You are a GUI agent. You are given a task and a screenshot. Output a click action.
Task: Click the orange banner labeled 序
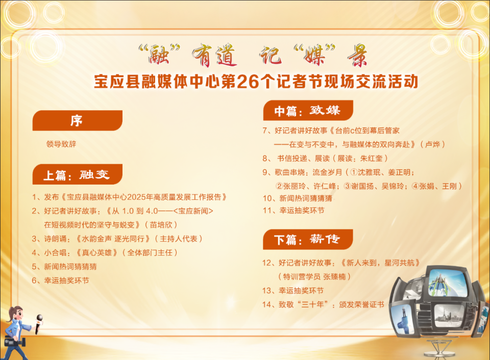pyautogui.click(x=77, y=120)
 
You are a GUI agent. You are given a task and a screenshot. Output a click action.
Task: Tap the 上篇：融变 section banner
pyautogui.click(x=77, y=174)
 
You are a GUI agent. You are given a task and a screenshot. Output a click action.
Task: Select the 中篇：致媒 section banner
pyautogui.click(x=308, y=110)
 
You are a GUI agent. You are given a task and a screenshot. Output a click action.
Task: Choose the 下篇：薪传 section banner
pyautogui.click(x=308, y=240)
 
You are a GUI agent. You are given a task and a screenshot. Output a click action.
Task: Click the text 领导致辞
pyautogui.click(x=61, y=144)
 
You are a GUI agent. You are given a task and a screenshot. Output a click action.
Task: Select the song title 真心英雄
pyautogui.click(x=97, y=252)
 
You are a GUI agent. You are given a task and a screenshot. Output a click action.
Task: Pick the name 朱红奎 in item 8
pyautogui.click(x=371, y=158)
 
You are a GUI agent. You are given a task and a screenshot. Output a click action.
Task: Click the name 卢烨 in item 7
pyautogui.click(x=432, y=144)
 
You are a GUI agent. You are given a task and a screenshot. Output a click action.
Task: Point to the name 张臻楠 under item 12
pyautogui.click(x=334, y=277)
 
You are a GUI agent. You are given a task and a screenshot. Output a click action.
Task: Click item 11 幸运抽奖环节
pyautogui.click(x=294, y=211)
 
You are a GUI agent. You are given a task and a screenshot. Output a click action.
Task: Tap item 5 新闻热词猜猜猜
pyautogui.click(x=64, y=267)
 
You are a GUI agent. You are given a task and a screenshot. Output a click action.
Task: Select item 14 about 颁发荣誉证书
pyautogui.click(x=324, y=304)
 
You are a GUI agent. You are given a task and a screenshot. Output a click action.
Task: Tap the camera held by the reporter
pyautogui.click(x=14, y=342)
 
